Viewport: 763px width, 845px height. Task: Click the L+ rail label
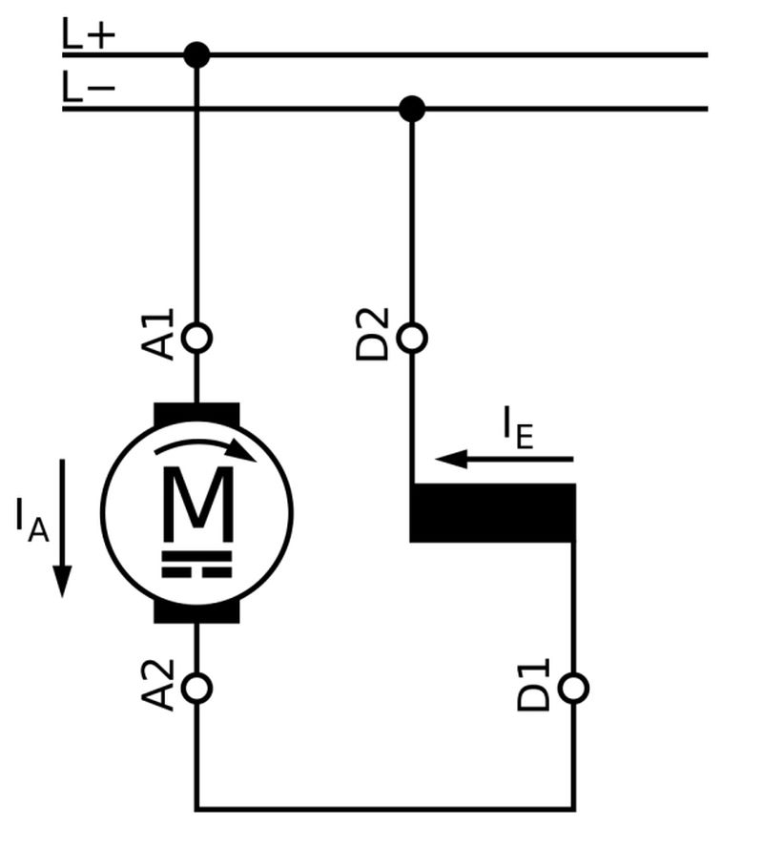pyautogui.click(x=89, y=36)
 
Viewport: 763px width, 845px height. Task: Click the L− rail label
pyautogui.click(x=89, y=90)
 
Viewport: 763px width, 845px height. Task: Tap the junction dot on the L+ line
pyautogui.click(x=196, y=55)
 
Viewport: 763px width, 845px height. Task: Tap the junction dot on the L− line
pyautogui.click(x=411, y=109)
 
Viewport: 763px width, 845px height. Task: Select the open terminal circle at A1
pyautogui.click(x=196, y=338)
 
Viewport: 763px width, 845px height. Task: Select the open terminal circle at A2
pyautogui.click(x=196, y=688)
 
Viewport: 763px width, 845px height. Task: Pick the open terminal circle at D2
pyautogui.click(x=411, y=338)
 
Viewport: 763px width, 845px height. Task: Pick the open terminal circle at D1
pyautogui.click(x=573, y=688)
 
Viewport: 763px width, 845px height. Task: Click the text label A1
pyautogui.click(x=163, y=334)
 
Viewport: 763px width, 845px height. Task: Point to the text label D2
pyautogui.click(x=373, y=334)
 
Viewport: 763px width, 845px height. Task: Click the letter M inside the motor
pyautogui.click(x=196, y=502)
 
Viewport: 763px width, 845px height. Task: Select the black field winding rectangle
pyautogui.click(x=492, y=513)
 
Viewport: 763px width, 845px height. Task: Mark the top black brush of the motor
pyautogui.click(x=196, y=413)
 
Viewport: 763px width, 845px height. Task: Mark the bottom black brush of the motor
pyautogui.click(x=196, y=612)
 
